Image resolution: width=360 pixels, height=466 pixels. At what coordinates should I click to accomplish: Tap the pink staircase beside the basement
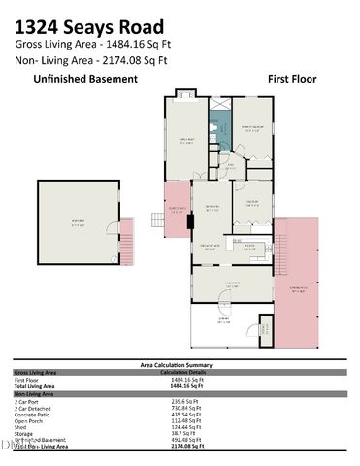point(124,236)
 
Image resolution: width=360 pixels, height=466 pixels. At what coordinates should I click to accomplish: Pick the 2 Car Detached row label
point(35,408)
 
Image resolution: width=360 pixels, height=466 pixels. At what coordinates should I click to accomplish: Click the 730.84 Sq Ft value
point(185,408)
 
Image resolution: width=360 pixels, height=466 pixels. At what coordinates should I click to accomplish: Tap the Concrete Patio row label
point(34,415)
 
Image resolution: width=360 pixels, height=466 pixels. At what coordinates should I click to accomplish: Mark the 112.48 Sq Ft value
point(185,420)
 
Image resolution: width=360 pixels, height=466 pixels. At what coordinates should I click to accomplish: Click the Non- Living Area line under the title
point(91,59)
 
